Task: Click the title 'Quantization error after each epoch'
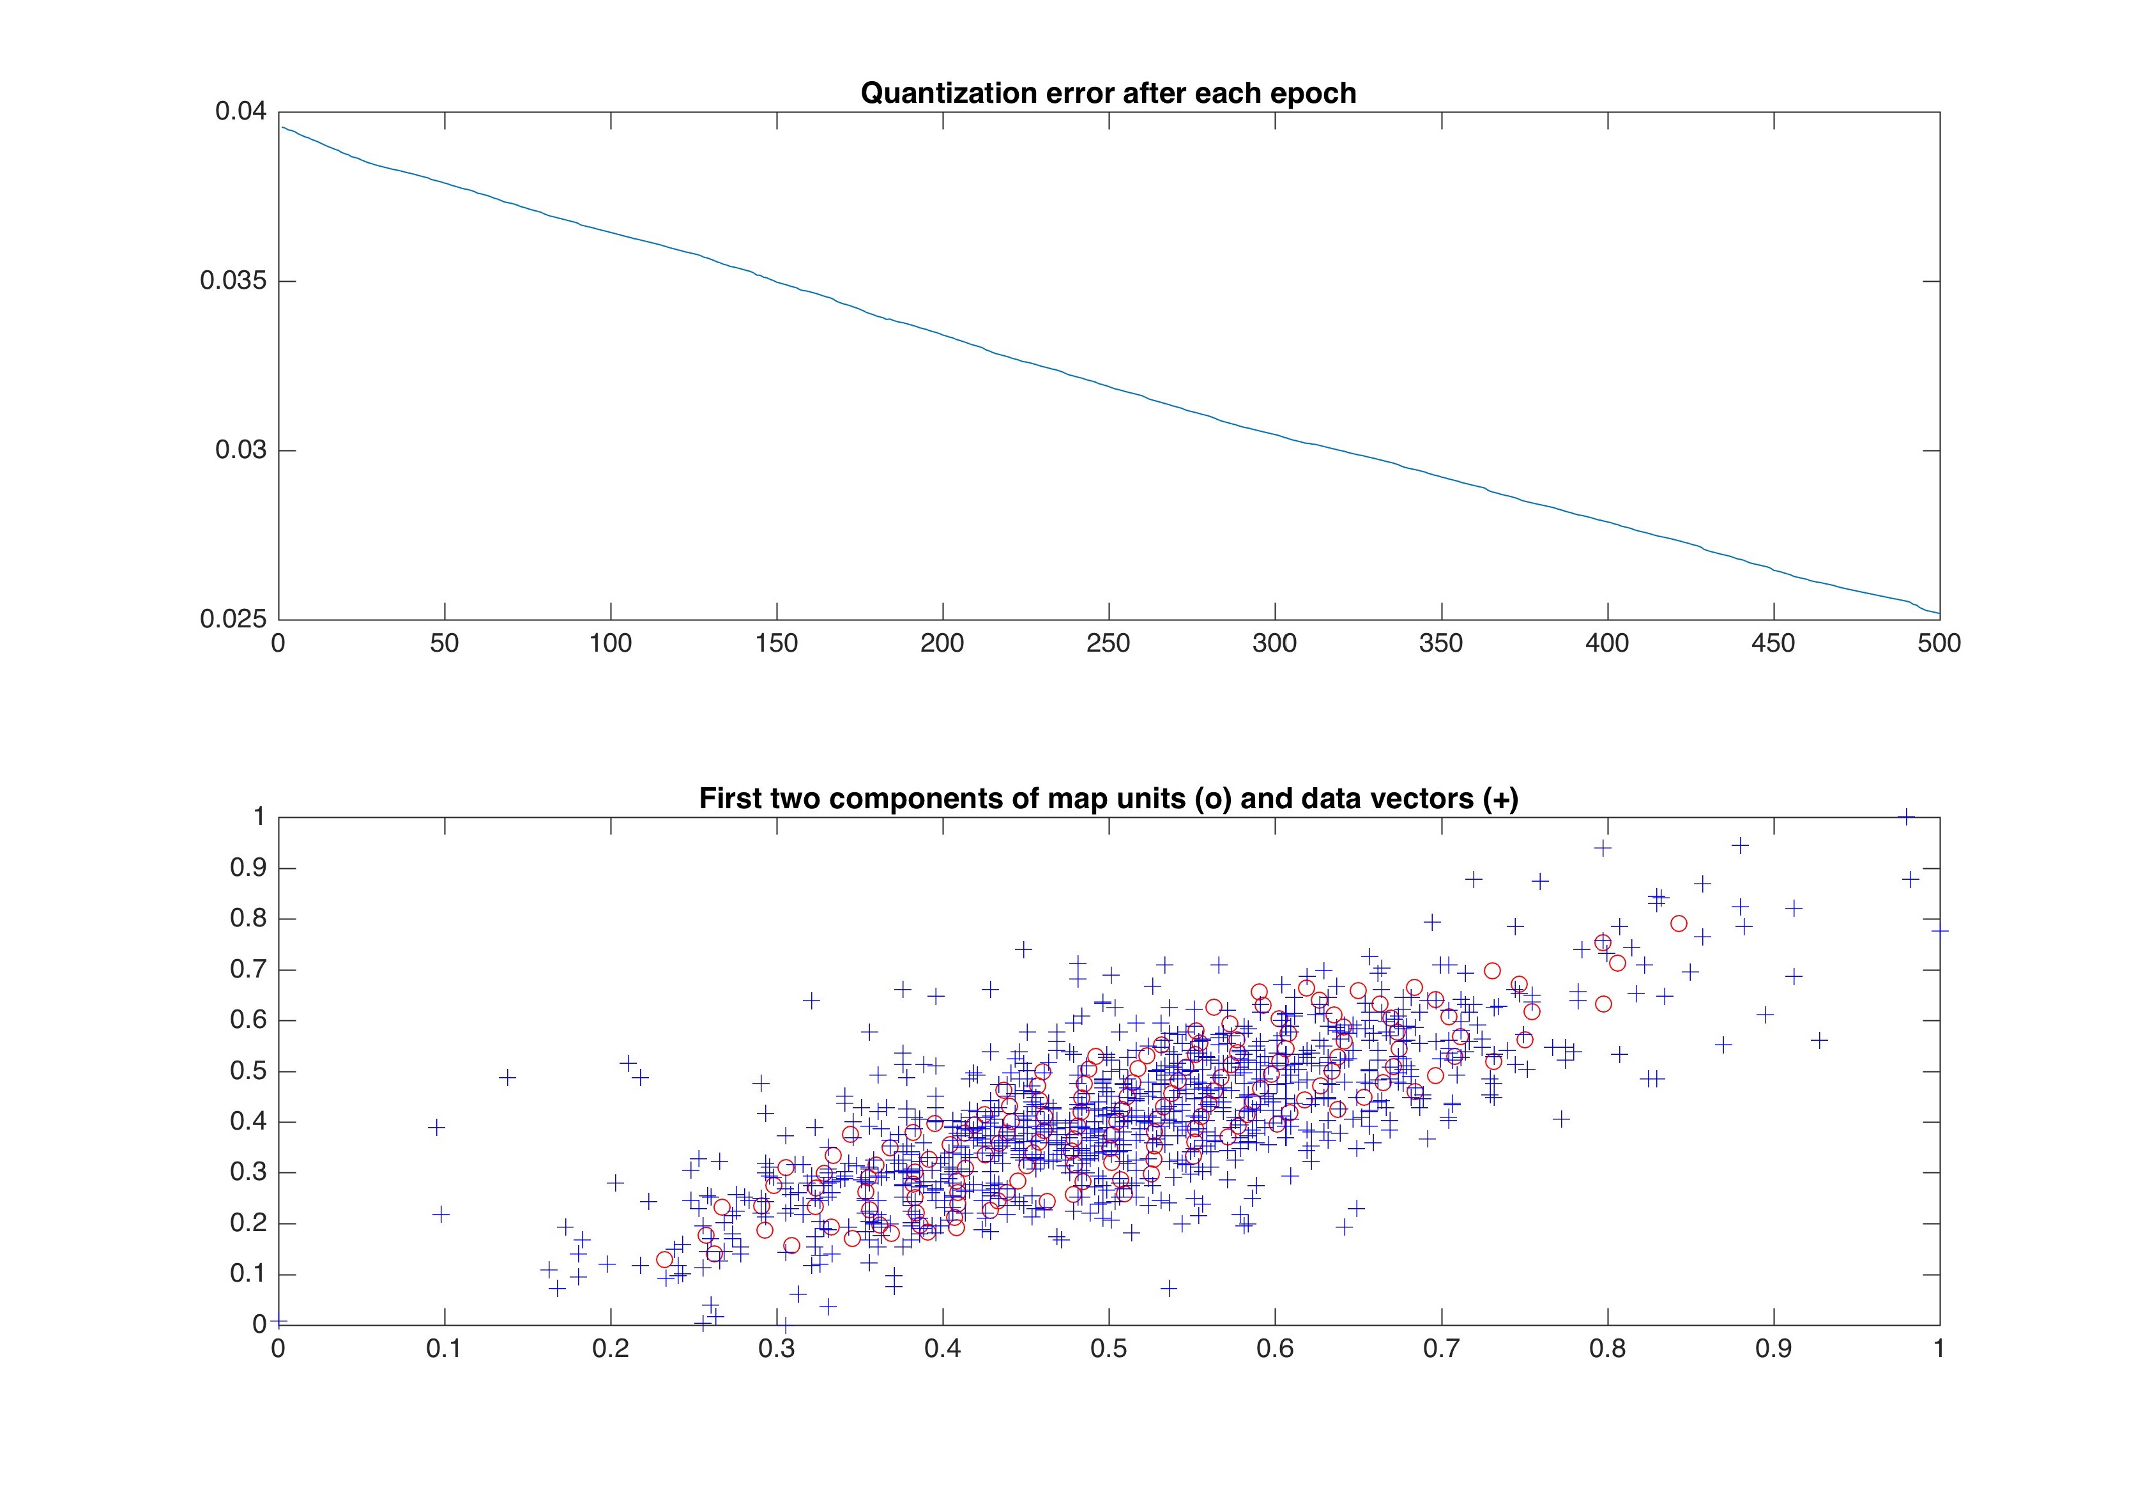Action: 1108,93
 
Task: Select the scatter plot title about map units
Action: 1108,799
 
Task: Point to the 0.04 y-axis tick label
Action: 241,112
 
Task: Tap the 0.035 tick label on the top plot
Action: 233,280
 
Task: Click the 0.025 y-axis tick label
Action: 233,619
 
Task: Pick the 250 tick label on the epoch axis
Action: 1108,643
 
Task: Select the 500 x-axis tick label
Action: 1939,643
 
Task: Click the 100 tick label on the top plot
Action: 611,643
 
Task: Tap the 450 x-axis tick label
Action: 1773,643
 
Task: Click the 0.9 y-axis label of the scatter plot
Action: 248,868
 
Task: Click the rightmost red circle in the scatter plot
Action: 1679,923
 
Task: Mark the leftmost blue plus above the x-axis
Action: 436,1127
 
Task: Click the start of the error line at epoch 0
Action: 280,126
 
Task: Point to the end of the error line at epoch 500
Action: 1939,613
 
